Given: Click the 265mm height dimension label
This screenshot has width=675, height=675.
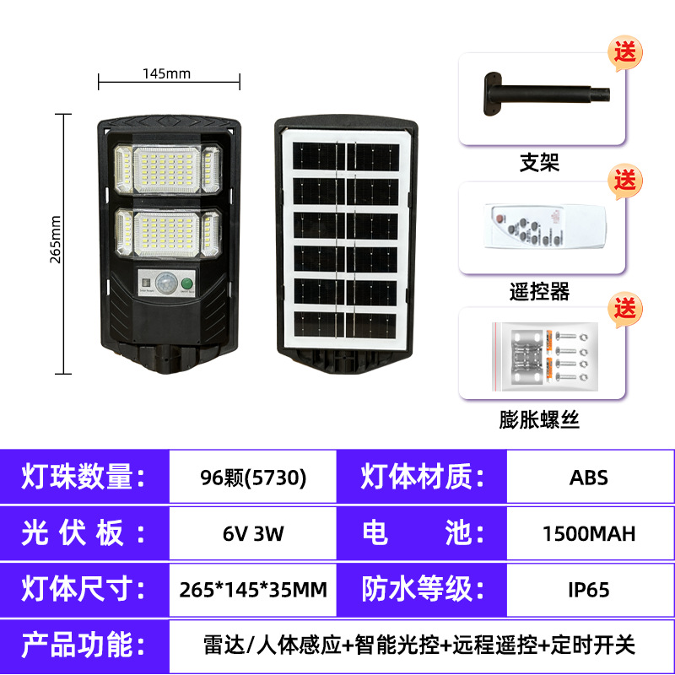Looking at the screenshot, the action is click(x=57, y=239).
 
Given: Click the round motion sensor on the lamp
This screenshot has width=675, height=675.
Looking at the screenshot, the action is click(x=169, y=283).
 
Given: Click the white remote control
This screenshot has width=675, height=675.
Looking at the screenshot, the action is click(x=540, y=228).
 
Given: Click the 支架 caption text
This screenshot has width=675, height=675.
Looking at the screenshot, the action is click(x=540, y=162).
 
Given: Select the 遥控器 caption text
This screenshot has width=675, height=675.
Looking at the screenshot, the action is click(x=540, y=292).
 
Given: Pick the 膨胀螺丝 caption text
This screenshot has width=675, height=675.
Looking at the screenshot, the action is click(x=540, y=418).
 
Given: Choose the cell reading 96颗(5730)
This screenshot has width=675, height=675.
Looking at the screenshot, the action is click(x=253, y=478).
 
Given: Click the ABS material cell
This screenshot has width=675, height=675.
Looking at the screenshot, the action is click(x=589, y=478).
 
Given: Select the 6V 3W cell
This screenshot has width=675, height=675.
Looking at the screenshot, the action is click(x=253, y=533).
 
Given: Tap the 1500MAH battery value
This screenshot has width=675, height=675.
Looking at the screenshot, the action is click(x=589, y=533).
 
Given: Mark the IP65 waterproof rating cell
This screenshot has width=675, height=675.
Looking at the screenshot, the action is click(x=589, y=589).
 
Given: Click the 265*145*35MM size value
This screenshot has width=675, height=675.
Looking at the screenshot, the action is click(x=253, y=589).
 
